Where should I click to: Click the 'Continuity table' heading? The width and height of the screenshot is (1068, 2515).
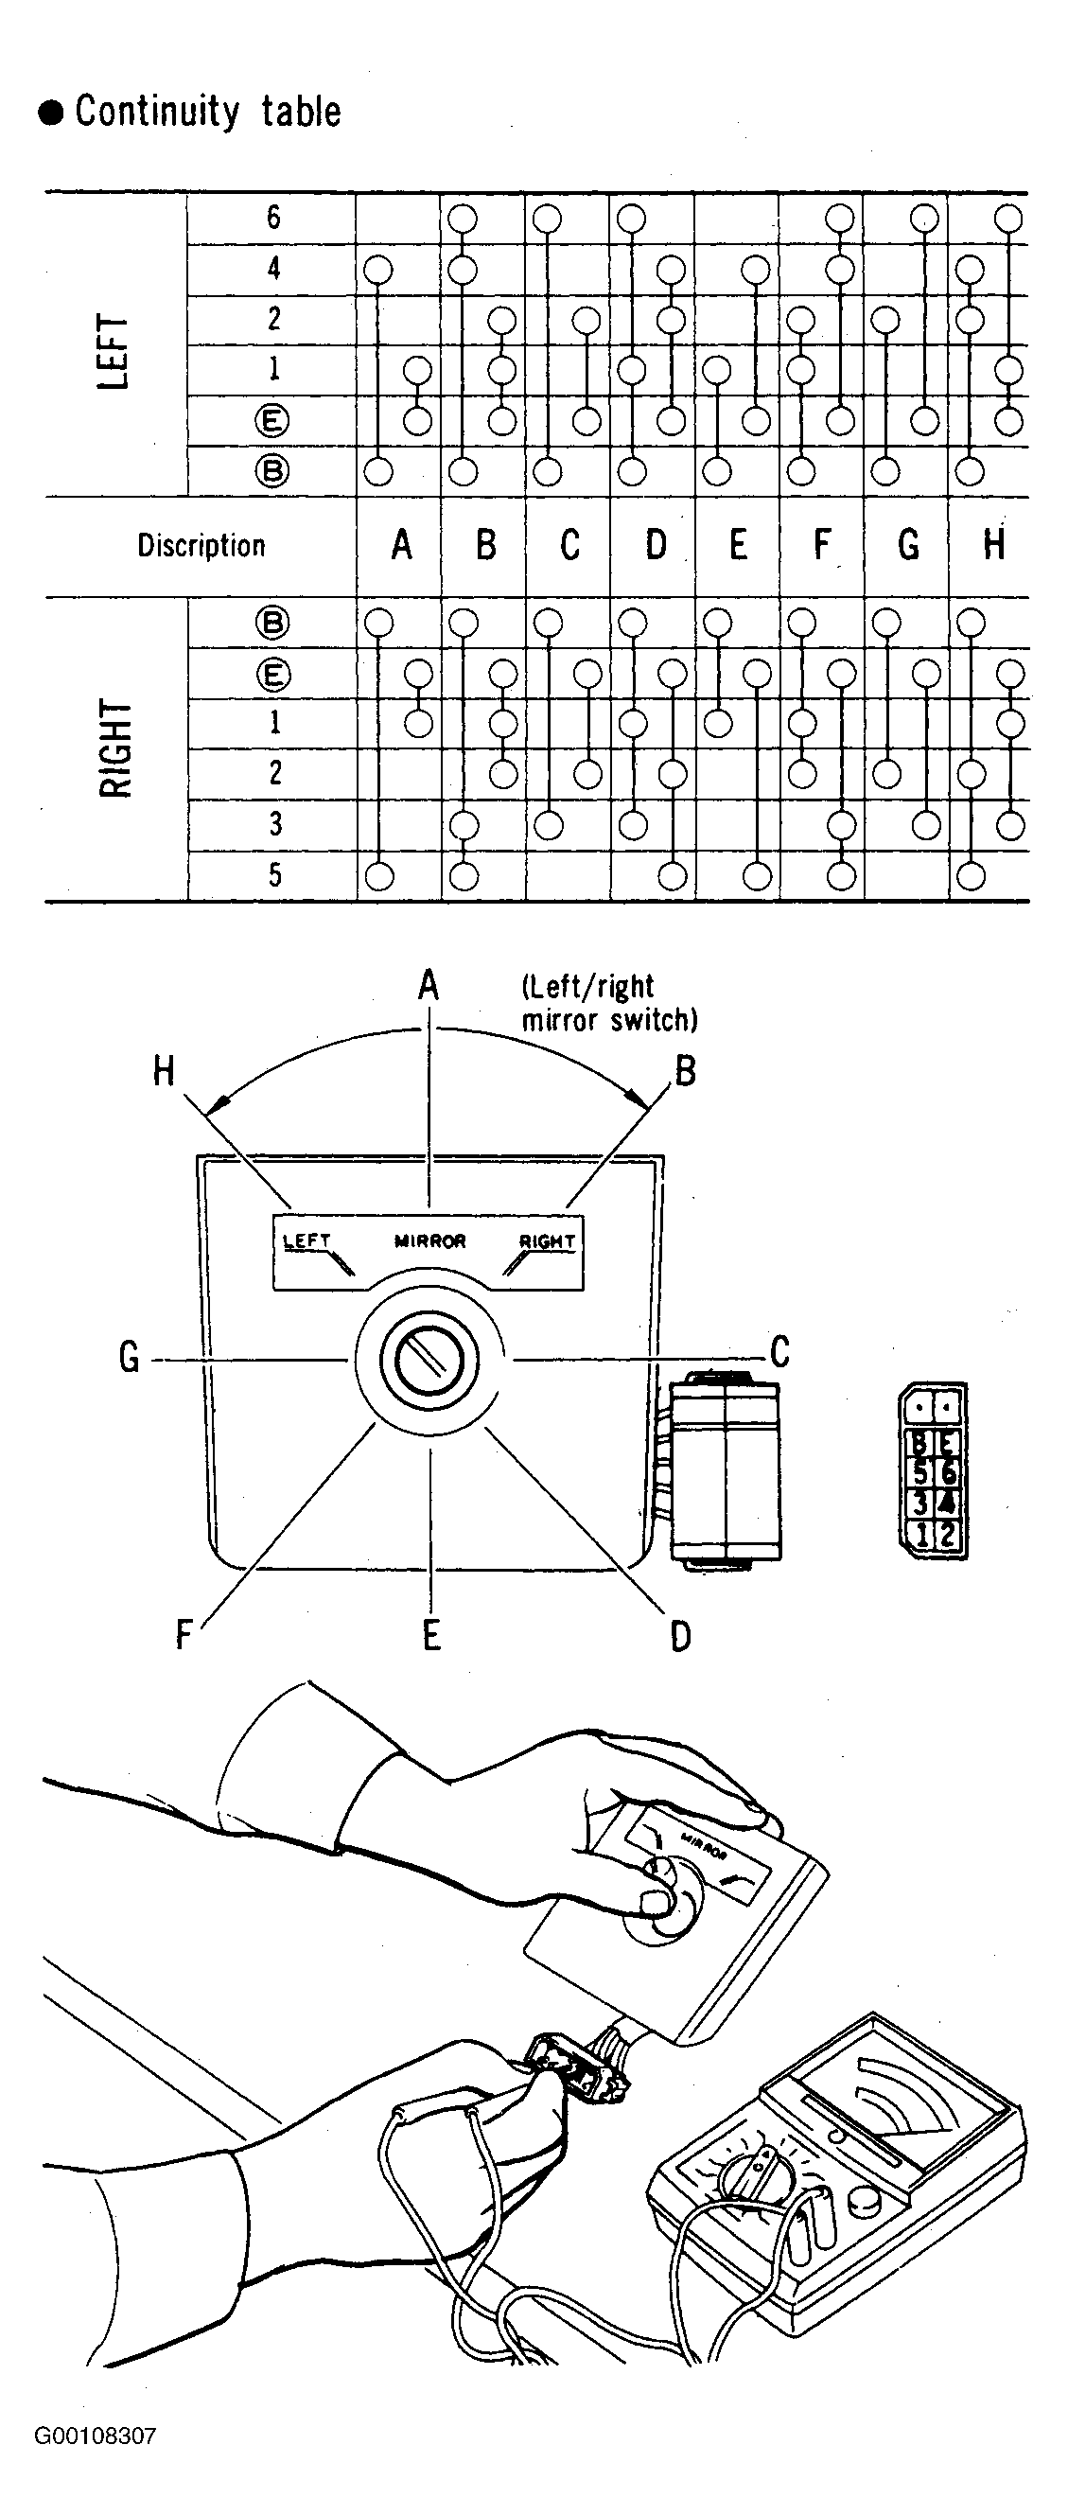pos(208,112)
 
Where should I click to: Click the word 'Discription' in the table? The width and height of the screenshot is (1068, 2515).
pos(201,545)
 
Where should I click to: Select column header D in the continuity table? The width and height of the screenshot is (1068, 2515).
pos(655,545)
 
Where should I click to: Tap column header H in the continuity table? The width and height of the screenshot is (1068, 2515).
pos(994,545)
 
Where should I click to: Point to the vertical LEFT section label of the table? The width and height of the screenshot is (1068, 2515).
pos(114,352)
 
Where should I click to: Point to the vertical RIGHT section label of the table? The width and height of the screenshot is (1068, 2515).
pos(114,748)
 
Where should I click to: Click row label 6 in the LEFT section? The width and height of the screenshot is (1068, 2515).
pos(273,217)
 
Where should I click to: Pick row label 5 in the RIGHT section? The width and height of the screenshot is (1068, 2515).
pos(274,875)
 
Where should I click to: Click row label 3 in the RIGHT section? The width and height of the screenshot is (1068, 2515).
pos(274,824)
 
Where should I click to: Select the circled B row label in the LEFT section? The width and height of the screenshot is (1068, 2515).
pos(272,471)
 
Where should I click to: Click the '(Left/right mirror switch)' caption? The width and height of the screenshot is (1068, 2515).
pos(609,1003)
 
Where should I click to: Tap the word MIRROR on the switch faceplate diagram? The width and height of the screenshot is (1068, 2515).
pos(429,1241)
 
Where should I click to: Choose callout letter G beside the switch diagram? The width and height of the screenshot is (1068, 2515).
pos(129,1358)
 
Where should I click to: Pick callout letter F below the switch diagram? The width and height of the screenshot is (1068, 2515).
pos(184,1634)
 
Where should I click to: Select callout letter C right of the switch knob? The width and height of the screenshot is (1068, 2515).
pos(779,1352)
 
